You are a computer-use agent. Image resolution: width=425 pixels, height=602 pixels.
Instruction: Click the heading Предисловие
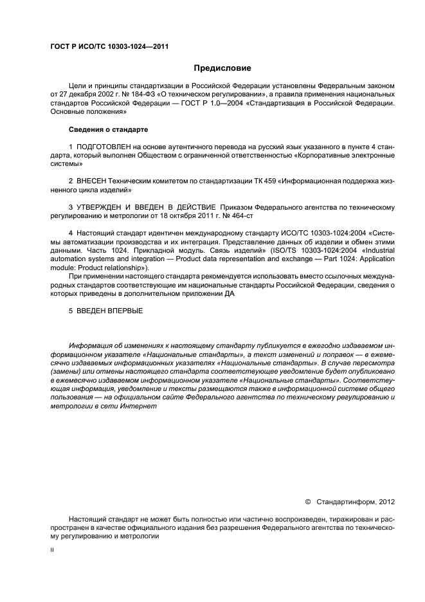223,68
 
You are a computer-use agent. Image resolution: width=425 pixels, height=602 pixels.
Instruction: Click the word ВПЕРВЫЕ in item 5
123,311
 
